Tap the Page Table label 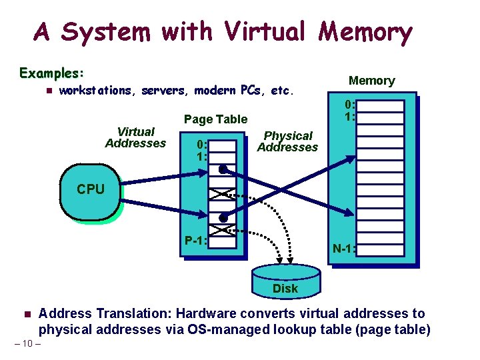point(215,119)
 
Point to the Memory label point(372,81)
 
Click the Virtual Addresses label point(135,137)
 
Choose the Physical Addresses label point(287,141)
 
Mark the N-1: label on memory point(344,249)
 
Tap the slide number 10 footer point(27,343)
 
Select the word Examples point(51,72)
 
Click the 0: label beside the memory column point(350,105)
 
